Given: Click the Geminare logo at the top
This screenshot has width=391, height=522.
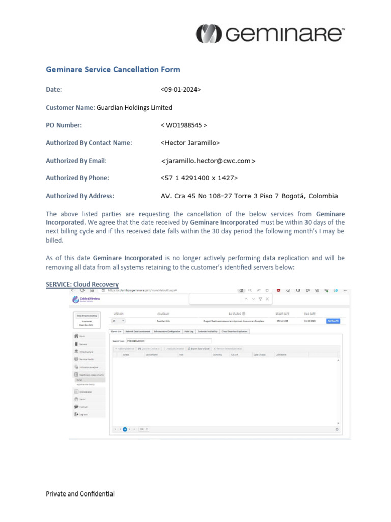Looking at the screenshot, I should pyautogui.click(x=270, y=34).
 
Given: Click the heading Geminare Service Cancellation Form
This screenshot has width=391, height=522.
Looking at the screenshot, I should pyautogui.click(x=113, y=70).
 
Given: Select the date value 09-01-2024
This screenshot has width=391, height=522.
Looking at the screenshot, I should pyautogui.click(x=181, y=89).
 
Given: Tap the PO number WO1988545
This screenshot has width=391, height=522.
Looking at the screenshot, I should pyautogui.click(x=184, y=125).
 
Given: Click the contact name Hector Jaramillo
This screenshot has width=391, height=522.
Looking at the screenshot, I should pyautogui.click(x=190, y=143).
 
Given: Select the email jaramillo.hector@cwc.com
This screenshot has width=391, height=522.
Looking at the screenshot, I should pyautogui.click(x=208, y=161).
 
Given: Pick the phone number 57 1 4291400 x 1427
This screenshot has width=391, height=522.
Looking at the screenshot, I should pyautogui.click(x=199, y=178).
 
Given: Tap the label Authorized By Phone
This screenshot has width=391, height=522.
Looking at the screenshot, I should pyautogui.click(x=77, y=178).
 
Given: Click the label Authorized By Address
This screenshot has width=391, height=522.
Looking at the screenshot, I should pyautogui.click(x=80, y=196).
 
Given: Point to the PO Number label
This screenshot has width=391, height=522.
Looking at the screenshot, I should pyautogui.click(x=64, y=125).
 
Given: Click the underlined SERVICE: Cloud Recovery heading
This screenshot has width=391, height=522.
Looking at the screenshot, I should pyautogui.click(x=82, y=284).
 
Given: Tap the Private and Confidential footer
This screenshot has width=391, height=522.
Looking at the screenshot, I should pyautogui.click(x=80, y=494).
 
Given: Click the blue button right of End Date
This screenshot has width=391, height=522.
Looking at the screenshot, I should pyautogui.click(x=332, y=321).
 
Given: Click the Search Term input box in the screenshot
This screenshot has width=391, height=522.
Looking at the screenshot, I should pyautogui.click(x=168, y=340).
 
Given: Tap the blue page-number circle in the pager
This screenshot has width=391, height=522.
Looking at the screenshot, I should pyautogui.click(x=125, y=429).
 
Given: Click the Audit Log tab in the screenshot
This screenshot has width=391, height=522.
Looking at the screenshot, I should pyautogui.click(x=188, y=331).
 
